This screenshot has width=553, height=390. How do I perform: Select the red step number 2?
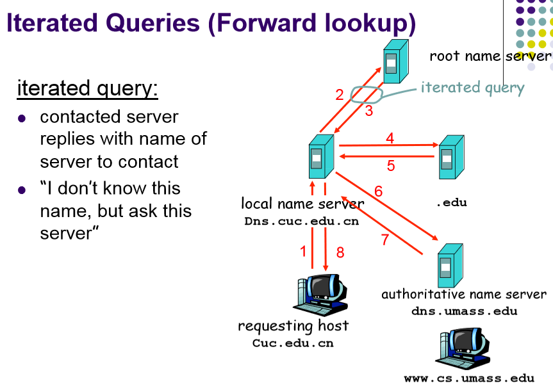click(x=340, y=95)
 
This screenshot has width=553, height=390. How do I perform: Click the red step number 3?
click(x=369, y=111)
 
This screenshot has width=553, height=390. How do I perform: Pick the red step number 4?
click(x=390, y=138)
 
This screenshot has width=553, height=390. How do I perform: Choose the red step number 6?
click(x=379, y=191)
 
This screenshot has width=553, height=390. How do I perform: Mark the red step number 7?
click(x=385, y=240)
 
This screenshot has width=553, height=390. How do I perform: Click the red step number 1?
click(x=304, y=252)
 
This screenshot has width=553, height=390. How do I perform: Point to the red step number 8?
click(x=340, y=252)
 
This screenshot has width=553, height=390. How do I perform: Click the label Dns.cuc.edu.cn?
click(x=301, y=221)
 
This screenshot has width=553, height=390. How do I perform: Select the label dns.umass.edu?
click(x=464, y=311)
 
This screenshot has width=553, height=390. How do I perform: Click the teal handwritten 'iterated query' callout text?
click(x=472, y=88)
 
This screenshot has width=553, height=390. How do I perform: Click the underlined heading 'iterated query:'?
click(x=87, y=88)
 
